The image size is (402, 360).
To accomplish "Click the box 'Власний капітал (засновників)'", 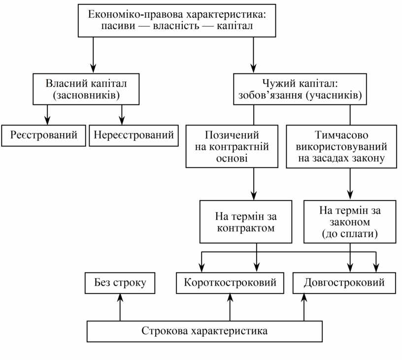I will point(86,89).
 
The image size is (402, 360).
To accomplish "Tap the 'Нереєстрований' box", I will point(134,135).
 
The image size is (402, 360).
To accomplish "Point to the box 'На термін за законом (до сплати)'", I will point(350,222).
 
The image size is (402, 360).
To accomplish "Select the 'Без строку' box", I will point(120,283).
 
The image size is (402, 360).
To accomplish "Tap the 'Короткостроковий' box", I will point(230,283).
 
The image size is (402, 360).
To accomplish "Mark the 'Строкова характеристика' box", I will point(204,330).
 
